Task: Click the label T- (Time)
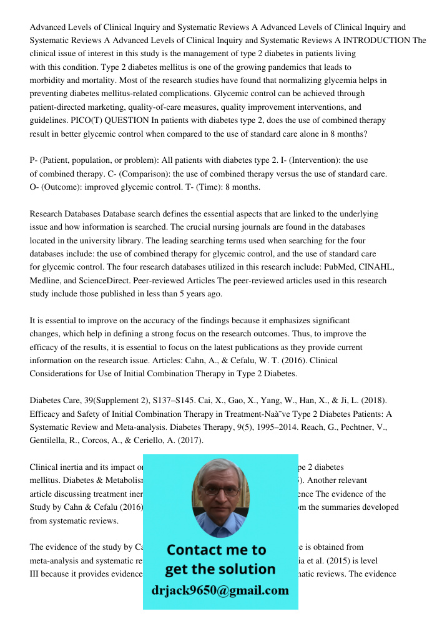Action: pyautogui.click(x=206, y=187)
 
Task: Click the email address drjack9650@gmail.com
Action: pyautogui.click(x=220, y=590)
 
